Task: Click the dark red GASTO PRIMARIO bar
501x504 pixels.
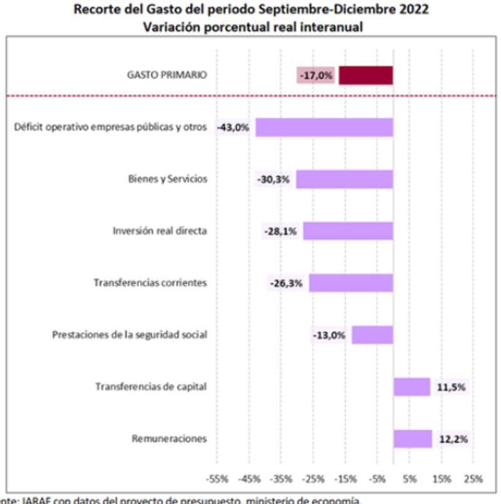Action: [366, 76]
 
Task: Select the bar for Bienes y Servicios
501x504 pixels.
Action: [344, 179]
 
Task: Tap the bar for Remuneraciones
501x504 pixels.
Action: [413, 439]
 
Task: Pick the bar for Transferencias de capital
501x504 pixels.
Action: [411, 387]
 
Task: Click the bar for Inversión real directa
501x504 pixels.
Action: [348, 231]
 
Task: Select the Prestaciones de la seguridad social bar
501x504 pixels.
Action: [372, 335]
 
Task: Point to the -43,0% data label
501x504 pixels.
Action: [234, 128]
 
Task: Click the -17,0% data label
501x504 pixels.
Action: [316, 76]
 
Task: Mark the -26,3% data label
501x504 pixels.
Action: [287, 283]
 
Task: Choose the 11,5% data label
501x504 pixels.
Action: [451, 387]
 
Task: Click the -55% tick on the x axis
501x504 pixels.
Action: [217, 479]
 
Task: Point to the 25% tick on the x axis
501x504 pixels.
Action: [473, 479]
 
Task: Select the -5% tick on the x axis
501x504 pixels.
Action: [377, 479]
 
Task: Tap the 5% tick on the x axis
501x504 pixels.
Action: [410, 479]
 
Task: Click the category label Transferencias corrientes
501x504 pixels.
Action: [150, 283]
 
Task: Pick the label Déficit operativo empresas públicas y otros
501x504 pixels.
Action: [110, 127]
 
